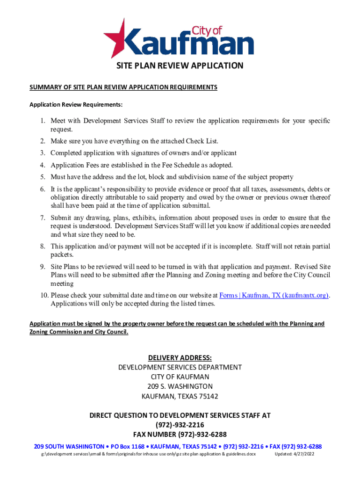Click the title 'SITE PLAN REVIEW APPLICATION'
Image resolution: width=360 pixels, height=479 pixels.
click(180, 65)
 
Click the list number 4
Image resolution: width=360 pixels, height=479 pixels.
click(42, 165)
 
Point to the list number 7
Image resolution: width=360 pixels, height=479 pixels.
click(42, 218)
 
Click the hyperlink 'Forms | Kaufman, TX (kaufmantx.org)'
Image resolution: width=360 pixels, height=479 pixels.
click(274, 295)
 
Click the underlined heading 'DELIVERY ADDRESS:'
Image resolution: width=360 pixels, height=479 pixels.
click(180, 358)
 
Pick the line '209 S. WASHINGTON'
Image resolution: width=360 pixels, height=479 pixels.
click(180, 386)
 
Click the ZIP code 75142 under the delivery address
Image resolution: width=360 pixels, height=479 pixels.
click(207, 396)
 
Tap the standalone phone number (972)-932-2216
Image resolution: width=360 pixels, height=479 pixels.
click(180, 425)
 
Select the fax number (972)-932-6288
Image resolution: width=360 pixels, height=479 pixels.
click(200, 435)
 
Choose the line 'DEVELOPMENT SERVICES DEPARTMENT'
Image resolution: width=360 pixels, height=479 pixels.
click(180, 367)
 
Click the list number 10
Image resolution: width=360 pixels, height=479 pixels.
click(43, 295)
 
